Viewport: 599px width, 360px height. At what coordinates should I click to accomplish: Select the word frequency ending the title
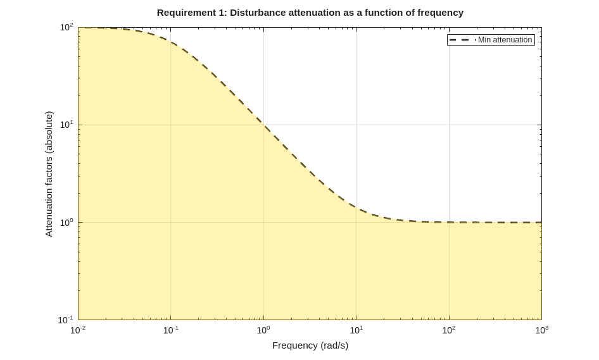pyautogui.click(x=440, y=13)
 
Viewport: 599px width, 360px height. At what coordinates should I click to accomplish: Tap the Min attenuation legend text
pyautogui.click(x=505, y=40)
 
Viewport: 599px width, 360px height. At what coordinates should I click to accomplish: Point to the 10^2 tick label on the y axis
pyautogui.click(x=66, y=27)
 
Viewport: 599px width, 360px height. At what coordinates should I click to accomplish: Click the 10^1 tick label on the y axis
pyautogui.click(x=66, y=125)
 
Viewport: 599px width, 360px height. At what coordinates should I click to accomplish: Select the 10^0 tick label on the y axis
pyautogui.click(x=66, y=222)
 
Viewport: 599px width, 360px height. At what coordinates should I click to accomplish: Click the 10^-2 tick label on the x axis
pyautogui.click(x=78, y=330)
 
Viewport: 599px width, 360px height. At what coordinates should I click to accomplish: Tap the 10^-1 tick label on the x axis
pyautogui.click(x=171, y=330)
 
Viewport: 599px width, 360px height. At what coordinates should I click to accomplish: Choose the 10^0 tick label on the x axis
pyautogui.click(x=263, y=330)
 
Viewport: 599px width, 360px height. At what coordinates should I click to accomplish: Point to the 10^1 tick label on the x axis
pyautogui.click(x=356, y=330)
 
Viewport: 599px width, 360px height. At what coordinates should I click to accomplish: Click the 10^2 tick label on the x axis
pyautogui.click(x=449, y=330)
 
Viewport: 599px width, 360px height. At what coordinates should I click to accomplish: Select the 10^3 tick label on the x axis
pyautogui.click(x=541, y=330)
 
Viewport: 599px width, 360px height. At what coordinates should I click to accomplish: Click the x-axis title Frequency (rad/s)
pyautogui.click(x=310, y=345)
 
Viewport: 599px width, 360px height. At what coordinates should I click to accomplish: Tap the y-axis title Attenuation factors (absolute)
pyautogui.click(x=49, y=174)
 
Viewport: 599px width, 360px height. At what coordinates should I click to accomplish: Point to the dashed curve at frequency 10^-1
pyautogui.click(x=171, y=42)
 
